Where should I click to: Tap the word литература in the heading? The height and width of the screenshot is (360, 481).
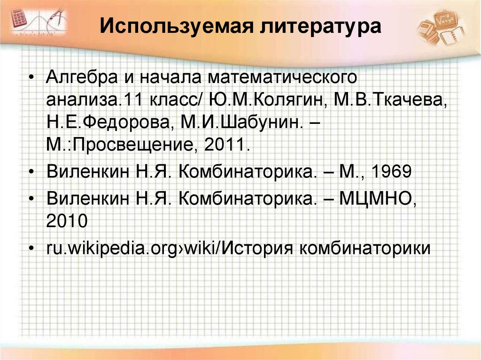319,27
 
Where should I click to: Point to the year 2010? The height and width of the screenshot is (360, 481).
67,220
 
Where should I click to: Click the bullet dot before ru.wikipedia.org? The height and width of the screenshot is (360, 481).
31,247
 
